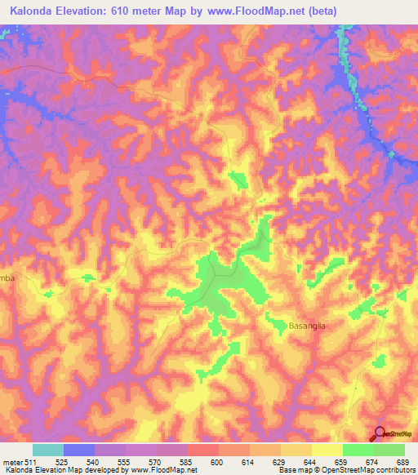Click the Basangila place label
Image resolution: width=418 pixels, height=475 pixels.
coord(308,326)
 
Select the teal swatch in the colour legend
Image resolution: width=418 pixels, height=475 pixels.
coord(48,450)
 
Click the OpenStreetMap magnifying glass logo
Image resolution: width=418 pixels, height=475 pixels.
coord(380,433)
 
